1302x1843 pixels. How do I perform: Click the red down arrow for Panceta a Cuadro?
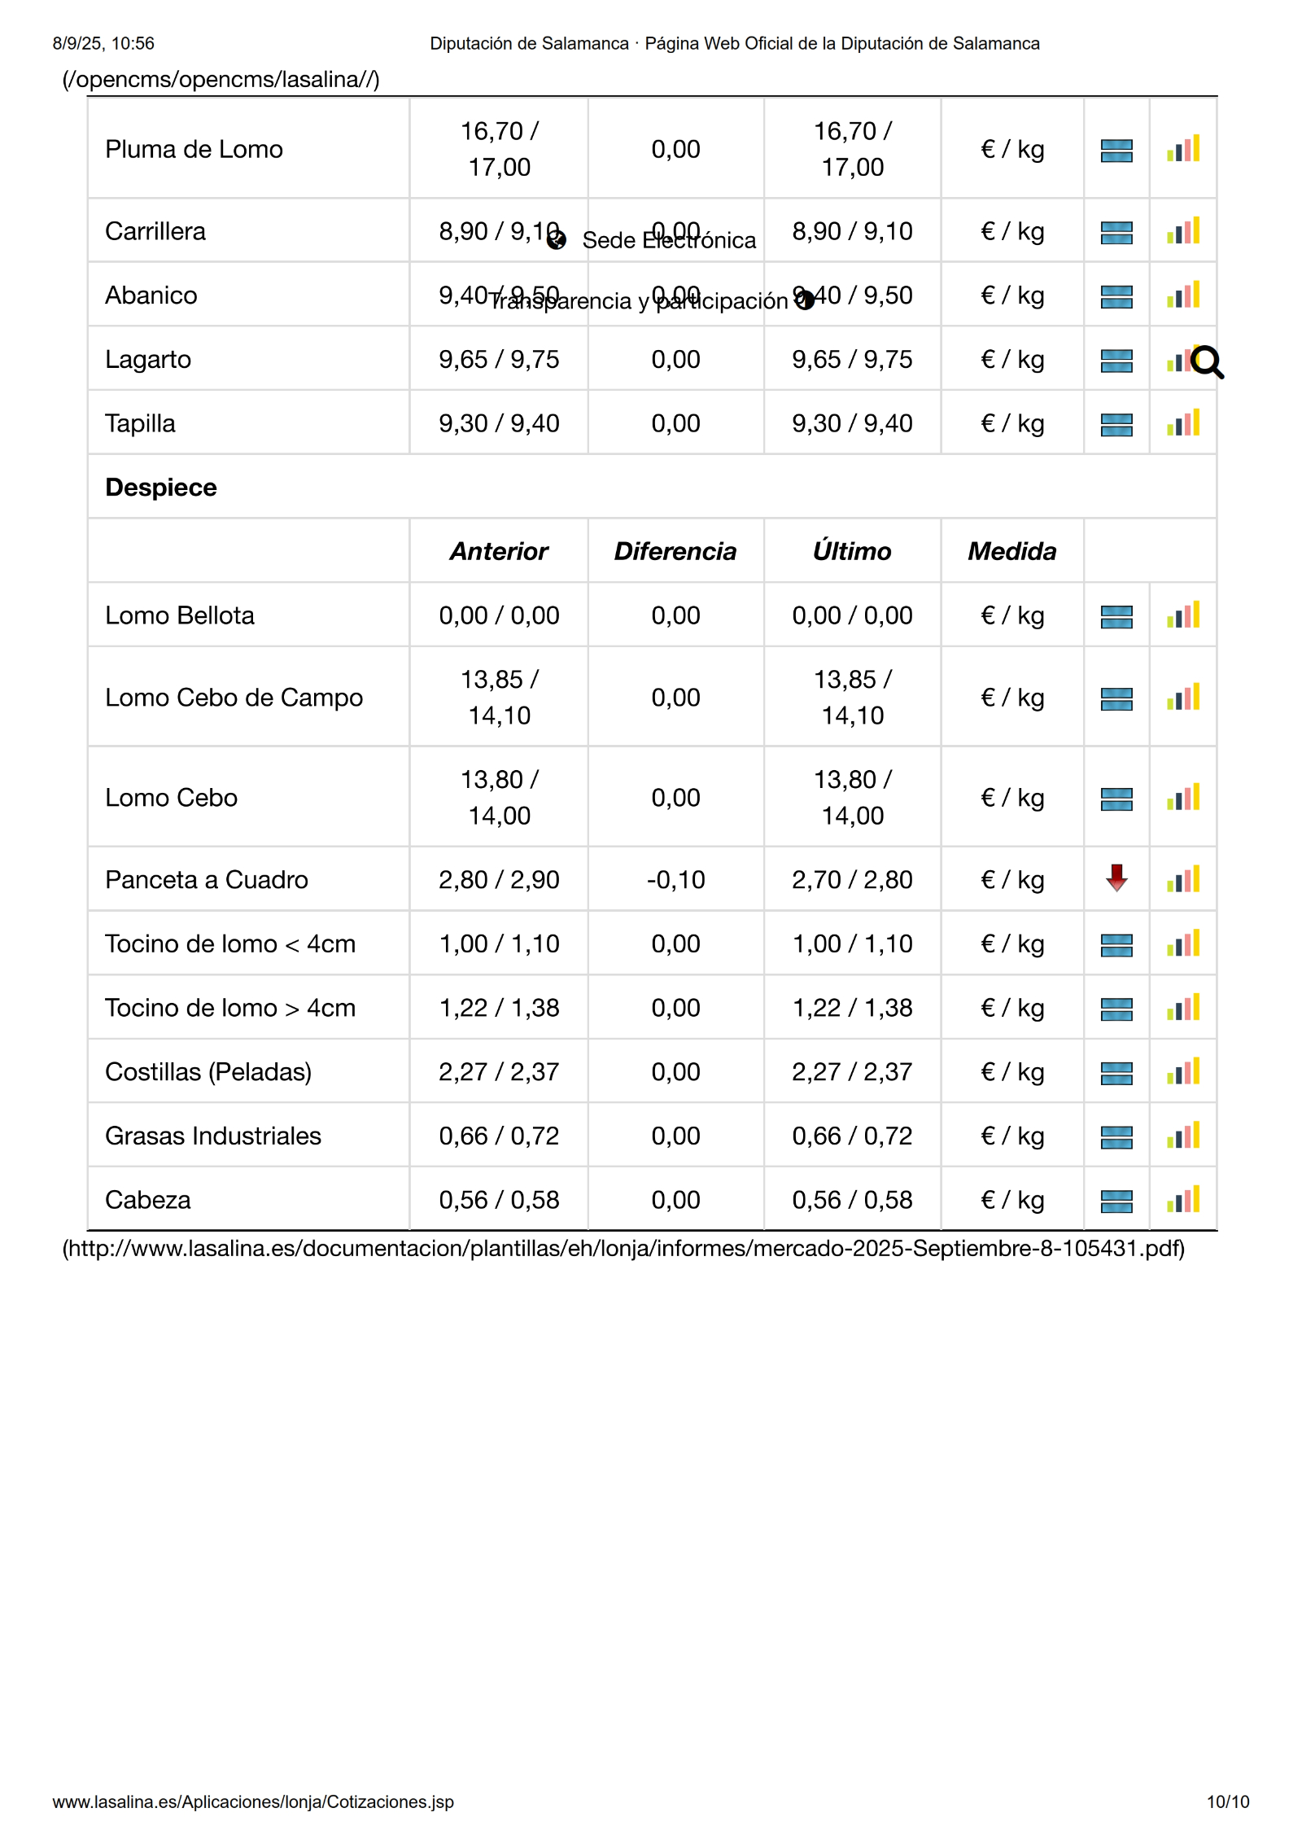pos(1116,878)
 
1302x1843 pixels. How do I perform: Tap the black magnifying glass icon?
pos(1207,362)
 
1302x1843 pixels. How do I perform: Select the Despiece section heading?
pos(161,487)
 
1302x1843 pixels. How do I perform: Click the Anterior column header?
pos(499,551)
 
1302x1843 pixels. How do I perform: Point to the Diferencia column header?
pos(675,551)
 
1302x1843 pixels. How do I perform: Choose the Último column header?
pos(852,551)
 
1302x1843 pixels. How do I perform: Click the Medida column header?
pos(1011,551)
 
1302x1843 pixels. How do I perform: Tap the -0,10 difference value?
pos(675,879)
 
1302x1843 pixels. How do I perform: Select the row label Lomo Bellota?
pos(180,615)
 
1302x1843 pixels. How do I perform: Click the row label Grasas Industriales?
pos(213,1136)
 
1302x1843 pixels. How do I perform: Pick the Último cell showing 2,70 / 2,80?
pos(852,879)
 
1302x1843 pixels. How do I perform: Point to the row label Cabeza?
pos(148,1200)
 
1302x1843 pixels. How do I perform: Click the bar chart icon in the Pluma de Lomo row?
pos(1183,149)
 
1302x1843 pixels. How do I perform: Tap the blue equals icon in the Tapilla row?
pos(1116,424)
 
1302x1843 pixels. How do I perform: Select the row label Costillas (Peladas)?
pos(208,1071)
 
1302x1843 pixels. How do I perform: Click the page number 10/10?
pos(1227,1801)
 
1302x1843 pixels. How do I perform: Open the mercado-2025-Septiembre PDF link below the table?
pos(623,1248)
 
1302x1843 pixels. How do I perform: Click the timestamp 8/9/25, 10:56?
pos(103,43)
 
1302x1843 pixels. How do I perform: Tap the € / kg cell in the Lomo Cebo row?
pos(1012,797)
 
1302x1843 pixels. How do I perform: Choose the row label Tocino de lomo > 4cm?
pos(230,1008)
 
